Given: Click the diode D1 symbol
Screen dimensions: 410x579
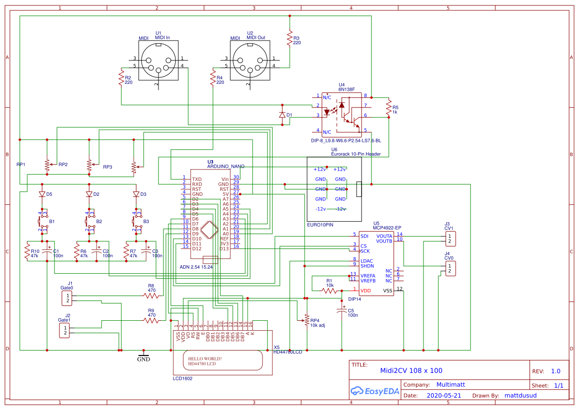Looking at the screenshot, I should (x=282, y=115).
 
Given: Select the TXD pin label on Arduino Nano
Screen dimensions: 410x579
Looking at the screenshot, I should (x=197, y=179).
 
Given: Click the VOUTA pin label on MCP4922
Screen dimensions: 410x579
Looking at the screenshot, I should (x=384, y=235).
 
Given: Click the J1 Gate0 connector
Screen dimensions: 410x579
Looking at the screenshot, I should (x=66, y=298).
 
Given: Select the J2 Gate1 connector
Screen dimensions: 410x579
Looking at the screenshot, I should (x=64, y=330).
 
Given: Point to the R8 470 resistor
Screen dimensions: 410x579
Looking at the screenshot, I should (x=151, y=295).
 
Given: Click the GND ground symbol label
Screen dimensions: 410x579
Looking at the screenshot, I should (x=143, y=359).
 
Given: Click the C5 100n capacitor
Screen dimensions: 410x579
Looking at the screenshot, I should (x=341, y=311).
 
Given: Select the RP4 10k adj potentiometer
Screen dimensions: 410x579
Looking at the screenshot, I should (x=306, y=320).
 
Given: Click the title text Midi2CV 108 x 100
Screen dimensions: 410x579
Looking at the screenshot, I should (x=411, y=370).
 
